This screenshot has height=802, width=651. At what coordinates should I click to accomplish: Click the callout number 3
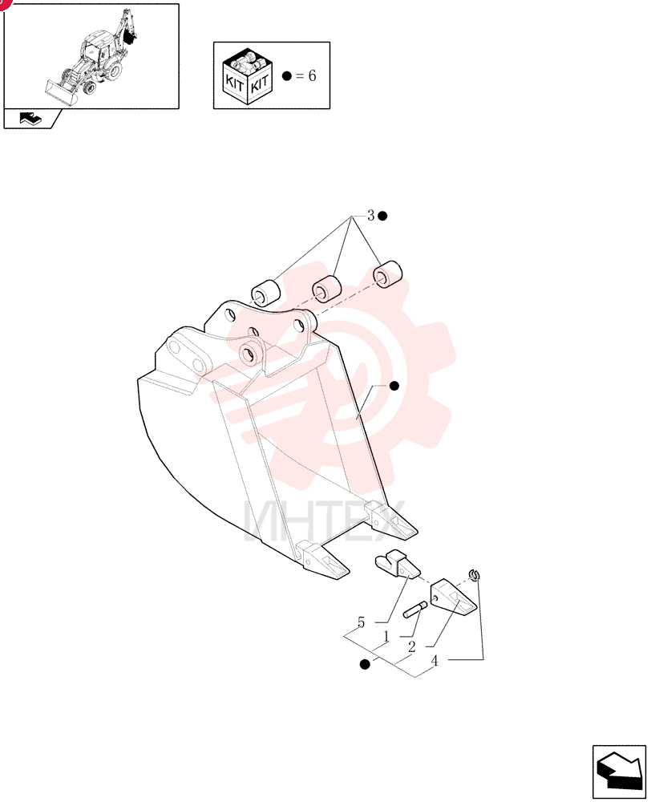pyautogui.click(x=370, y=215)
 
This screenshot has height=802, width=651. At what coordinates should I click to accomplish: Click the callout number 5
pyautogui.click(x=361, y=622)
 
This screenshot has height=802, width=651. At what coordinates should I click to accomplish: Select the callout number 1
pyautogui.click(x=386, y=637)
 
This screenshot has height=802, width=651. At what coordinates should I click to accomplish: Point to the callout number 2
pyautogui.click(x=411, y=647)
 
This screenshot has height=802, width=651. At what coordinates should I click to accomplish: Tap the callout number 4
pyautogui.click(x=435, y=661)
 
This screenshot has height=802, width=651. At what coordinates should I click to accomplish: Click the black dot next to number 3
pyautogui.click(x=382, y=216)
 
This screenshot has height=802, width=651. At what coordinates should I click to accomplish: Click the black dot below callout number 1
pyautogui.click(x=365, y=664)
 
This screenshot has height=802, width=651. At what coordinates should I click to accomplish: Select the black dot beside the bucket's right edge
pyautogui.click(x=394, y=386)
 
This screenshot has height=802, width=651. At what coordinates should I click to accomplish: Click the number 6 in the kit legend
pyautogui.click(x=312, y=75)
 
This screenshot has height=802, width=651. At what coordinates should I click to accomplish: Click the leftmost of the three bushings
pyautogui.click(x=266, y=292)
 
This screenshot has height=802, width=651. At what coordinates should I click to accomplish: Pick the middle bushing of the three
pyautogui.click(x=326, y=289)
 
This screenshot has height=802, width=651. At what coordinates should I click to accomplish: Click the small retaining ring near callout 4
pyautogui.click(x=474, y=575)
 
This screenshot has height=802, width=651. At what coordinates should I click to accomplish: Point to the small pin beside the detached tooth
pyautogui.click(x=414, y=610)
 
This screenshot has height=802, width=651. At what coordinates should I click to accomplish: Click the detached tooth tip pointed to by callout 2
pyautogui.click(x=453, y=597)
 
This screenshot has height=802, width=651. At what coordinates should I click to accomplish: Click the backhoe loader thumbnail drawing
pyautogui.click(x=91, y=57)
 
